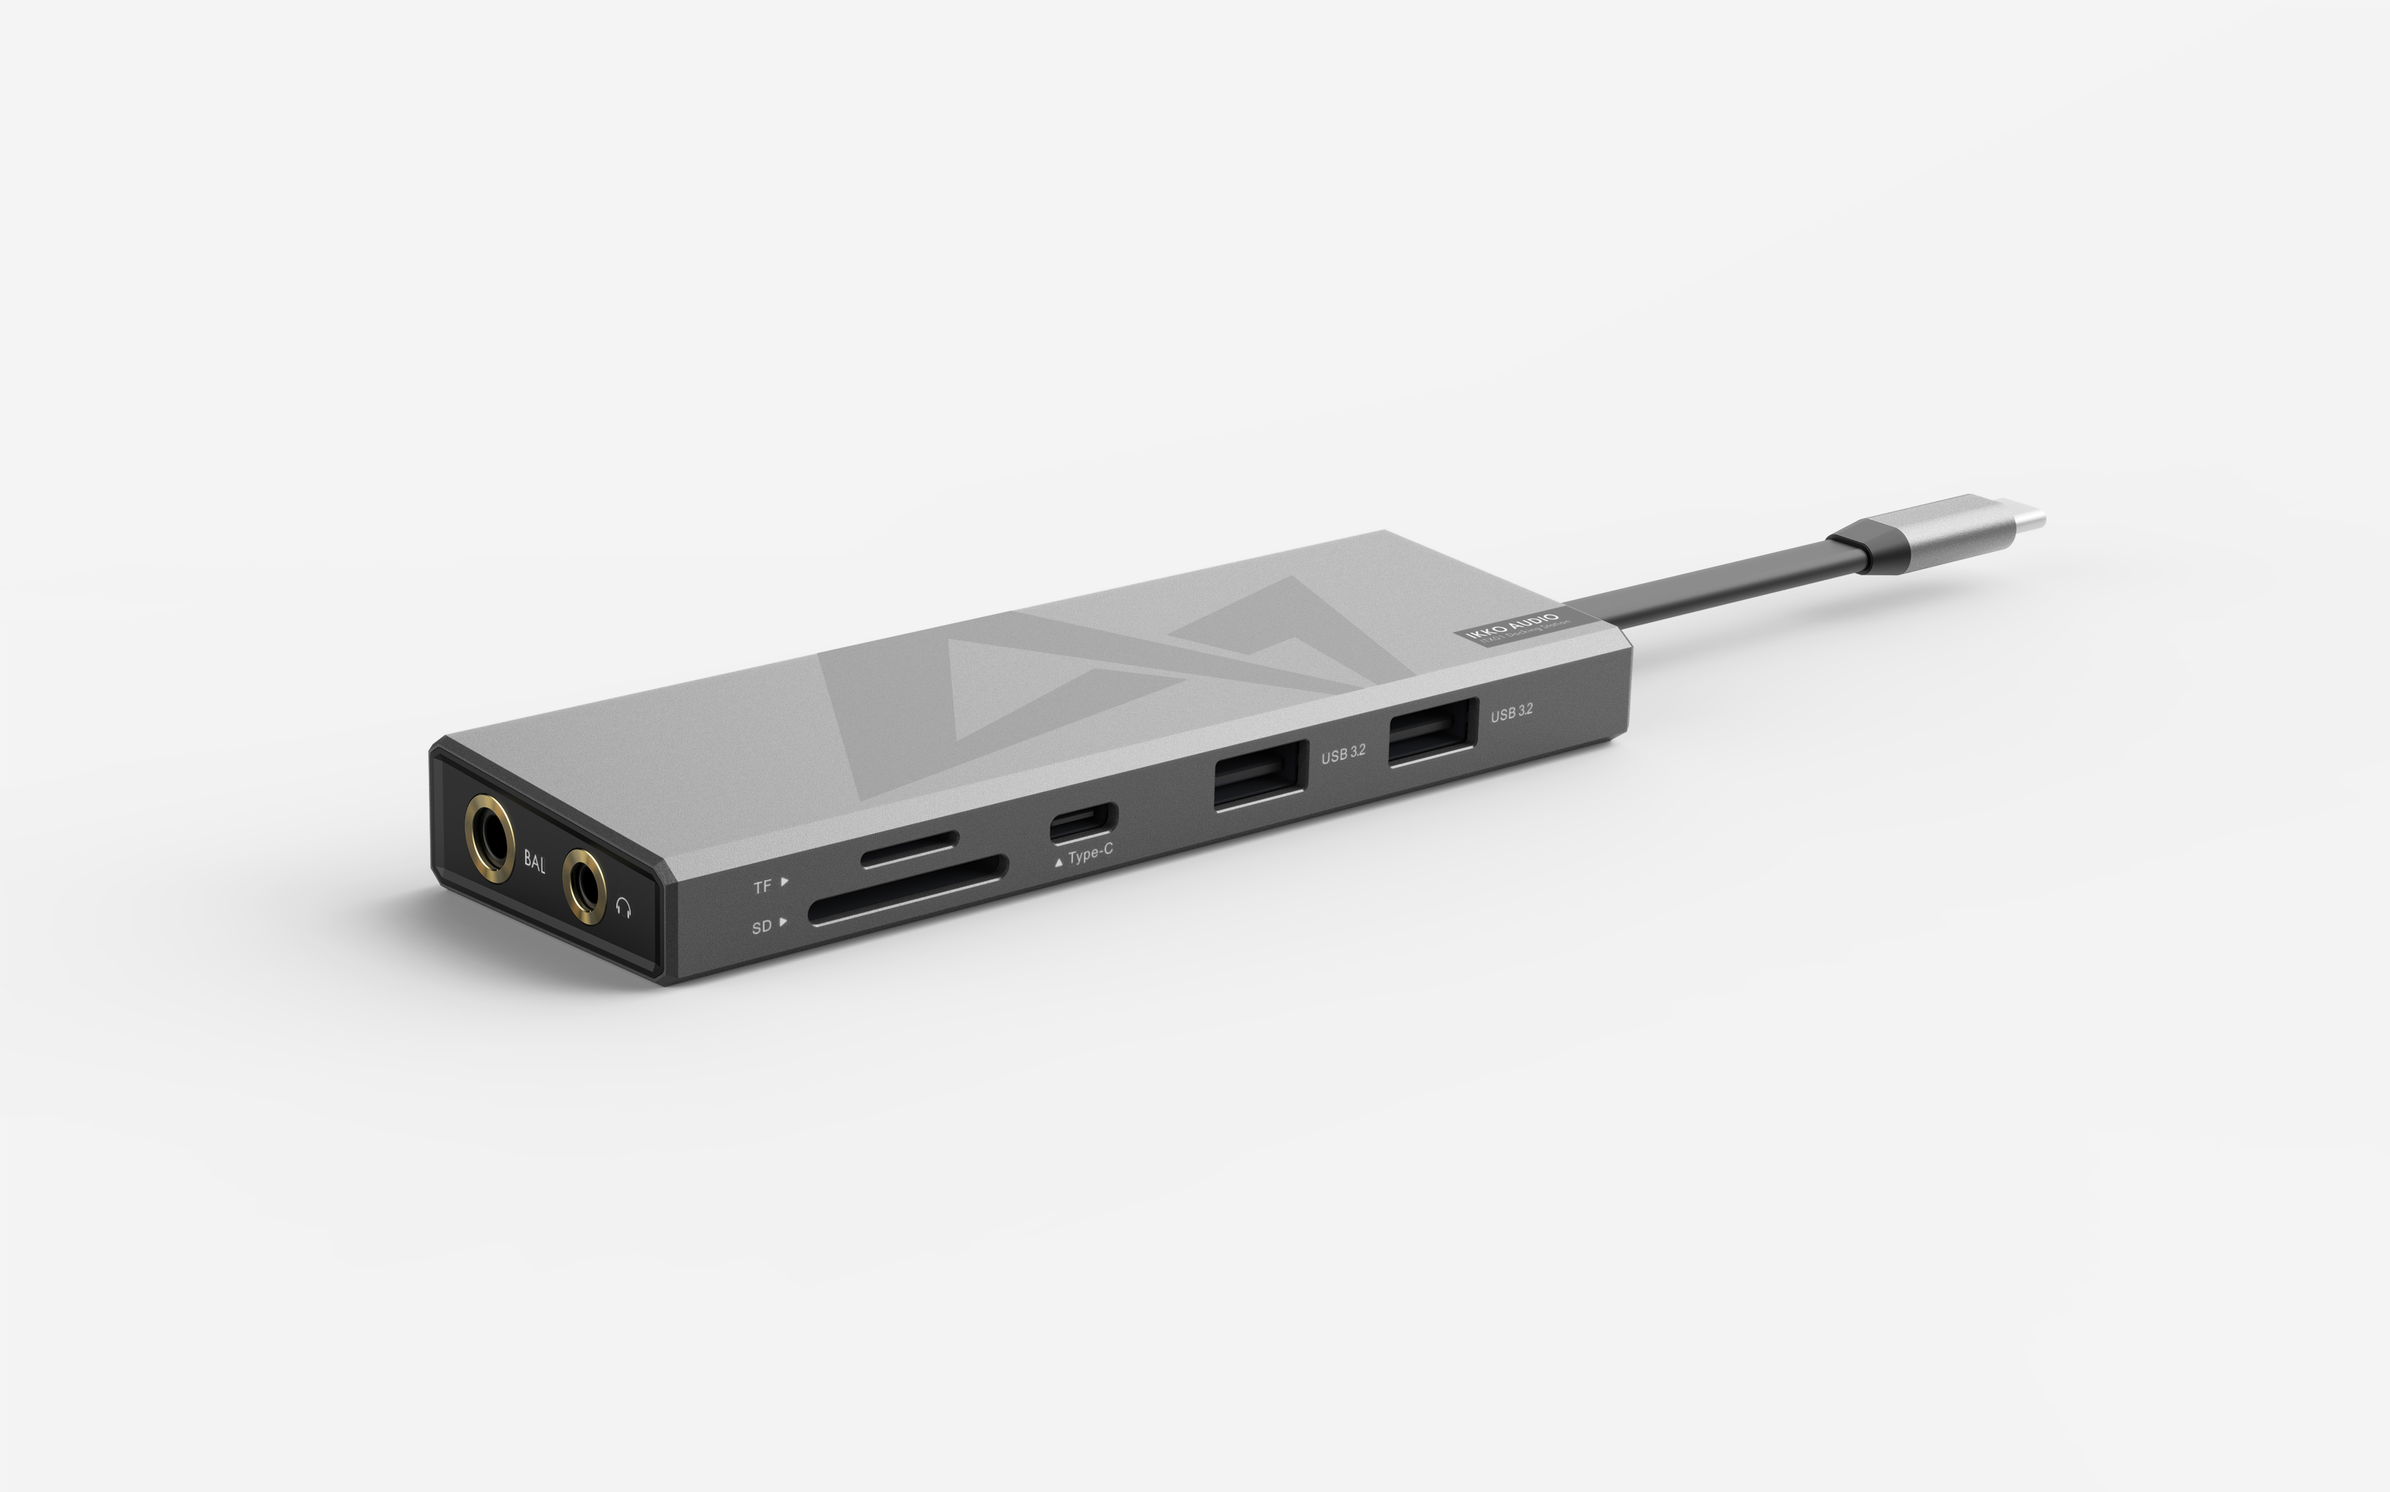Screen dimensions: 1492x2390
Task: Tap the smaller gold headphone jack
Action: click(585, 886)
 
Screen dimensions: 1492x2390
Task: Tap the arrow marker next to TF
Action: click(784, 881)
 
